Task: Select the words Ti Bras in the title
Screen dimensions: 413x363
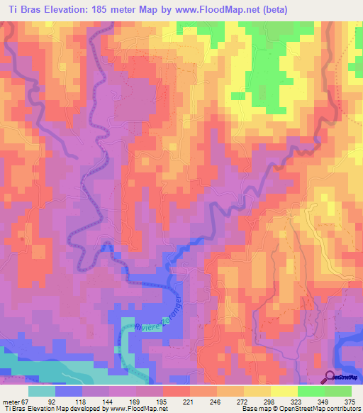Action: click(24, 10)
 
